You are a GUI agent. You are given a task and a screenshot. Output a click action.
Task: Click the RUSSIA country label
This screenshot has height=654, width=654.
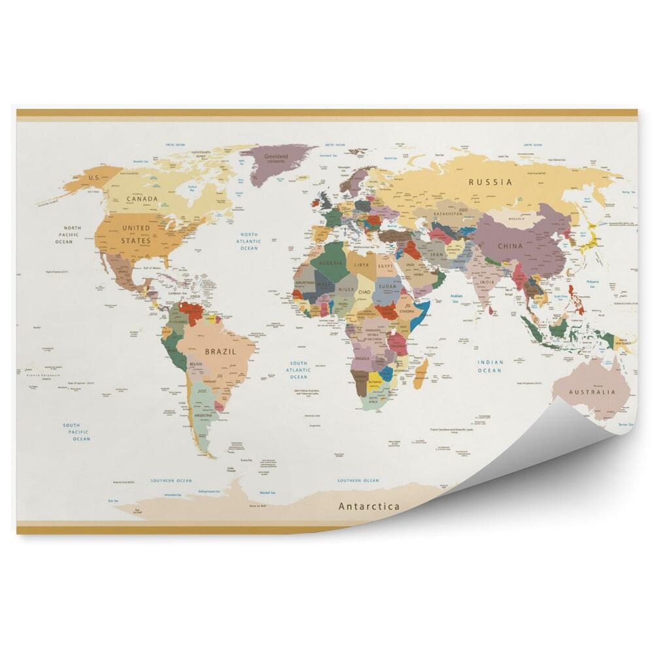point(490,182)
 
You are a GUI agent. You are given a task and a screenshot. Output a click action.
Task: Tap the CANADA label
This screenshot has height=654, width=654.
point(143,198)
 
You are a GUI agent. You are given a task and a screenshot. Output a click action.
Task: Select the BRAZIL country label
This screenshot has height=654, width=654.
point(220,351)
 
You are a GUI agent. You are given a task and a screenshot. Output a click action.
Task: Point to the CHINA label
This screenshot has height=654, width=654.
point(510,246)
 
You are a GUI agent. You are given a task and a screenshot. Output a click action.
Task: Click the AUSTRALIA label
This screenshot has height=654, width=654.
point(592,392)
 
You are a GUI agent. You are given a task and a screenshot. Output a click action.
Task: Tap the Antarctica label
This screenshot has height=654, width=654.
point(369,506)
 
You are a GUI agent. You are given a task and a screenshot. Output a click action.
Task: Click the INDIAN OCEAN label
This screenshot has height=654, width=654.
point(489,366)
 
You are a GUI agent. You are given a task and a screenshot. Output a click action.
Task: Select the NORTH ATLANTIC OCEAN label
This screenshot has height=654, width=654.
point(249,241)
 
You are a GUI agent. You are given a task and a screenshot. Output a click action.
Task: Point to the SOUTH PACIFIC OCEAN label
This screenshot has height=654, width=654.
point(77,432)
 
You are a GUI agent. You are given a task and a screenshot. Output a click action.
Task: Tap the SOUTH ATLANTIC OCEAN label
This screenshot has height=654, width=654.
point(298,370)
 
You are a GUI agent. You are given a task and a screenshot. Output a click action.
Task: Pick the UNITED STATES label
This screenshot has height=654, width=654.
point(136,234)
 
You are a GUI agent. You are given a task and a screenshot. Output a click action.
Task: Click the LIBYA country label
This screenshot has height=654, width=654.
point(362,266)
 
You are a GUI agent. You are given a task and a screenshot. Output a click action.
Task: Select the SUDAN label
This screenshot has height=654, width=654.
point(387,286)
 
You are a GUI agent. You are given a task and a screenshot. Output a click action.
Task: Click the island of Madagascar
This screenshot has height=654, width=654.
point(421,372)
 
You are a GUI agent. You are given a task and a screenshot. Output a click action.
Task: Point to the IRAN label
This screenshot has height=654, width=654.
point(436,254)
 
